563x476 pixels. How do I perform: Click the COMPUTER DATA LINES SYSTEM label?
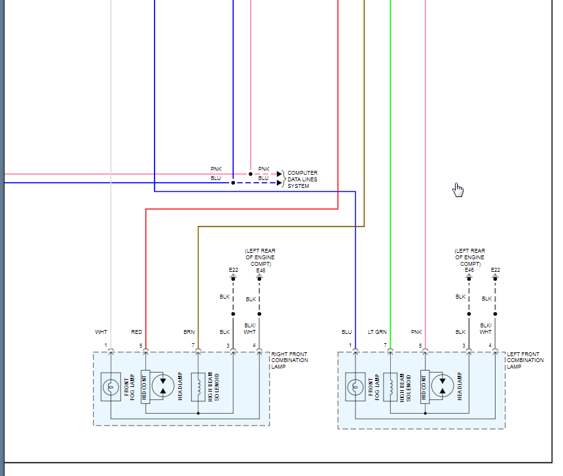coord(302,179)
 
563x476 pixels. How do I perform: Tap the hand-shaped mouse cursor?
coord(458,190)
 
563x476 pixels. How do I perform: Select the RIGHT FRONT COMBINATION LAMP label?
coord(289,360)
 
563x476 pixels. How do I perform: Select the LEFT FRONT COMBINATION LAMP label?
coord(525,360)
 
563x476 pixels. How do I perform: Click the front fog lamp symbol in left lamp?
coord(355,387)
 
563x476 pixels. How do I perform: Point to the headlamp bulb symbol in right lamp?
coord(163,385)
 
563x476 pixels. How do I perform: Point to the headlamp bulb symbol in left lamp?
coord(443,386)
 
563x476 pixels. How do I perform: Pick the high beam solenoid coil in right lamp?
coord(198,386)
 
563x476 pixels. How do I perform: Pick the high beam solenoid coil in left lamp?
coord(390,386)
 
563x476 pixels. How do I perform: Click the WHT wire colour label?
coord(101,333)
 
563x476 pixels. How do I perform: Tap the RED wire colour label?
coord(136,333)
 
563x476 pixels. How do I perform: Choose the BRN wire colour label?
coord(189,333)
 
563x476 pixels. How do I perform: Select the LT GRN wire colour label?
coord(377,333)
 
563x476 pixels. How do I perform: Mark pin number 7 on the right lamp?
coord(193,345)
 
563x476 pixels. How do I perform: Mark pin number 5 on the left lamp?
coord(420,345)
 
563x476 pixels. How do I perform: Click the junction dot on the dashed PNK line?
coord(250,174)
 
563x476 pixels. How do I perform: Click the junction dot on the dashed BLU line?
coord(233,183)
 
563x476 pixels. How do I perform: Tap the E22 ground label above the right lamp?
coord(233,270)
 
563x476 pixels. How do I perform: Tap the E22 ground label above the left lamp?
coord(496,270)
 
